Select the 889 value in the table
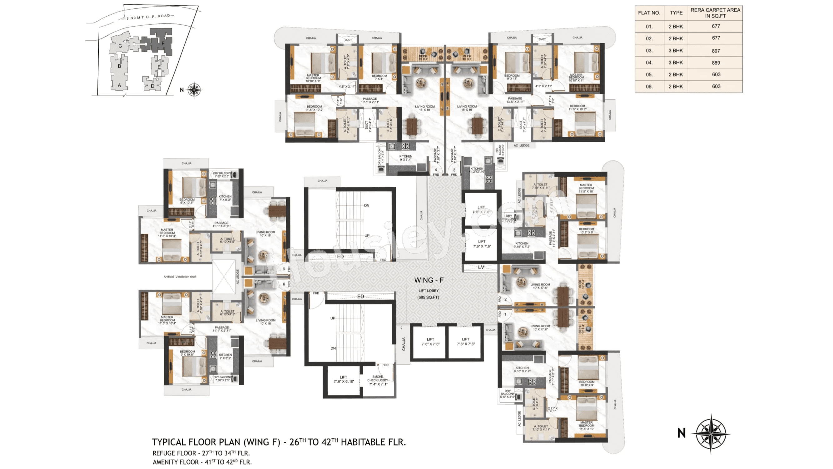pyautogui.click(x=716, y=63)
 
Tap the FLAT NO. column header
pyautogui.click(x=649, y=13)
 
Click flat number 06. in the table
pyautogui.click(x=649, y=87)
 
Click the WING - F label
pyautogui.click(x=429, y=280)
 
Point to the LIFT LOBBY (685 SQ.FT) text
pyautogui.click(x=429, y=294)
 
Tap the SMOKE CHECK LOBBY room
pyautogui.click(x=378, y=380)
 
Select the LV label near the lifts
pyautogui.click(x=481, y=267)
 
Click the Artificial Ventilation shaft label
pyautogui.click(x=180, y=277)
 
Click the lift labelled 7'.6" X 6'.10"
pyautogui.click(x=344, y=379)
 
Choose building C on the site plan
pyautogui.click(x=120, y=46)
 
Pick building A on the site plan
pyautogui.click(x=119, y=85)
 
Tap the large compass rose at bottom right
pyautogui.click(x=711, y=433)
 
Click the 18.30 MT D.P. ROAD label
pyautogui.click(x=147, y=17)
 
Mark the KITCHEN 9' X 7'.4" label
pyautogui.click(x=405, y=158)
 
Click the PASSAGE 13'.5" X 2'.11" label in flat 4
pyautogui.click(x=369, y=100)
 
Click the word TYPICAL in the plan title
pyautogui.click(x=169, y=442)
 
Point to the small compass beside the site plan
pyautogui.click(x=194, y=90)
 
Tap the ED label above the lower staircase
pyautogui.click(x=360, y=296)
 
